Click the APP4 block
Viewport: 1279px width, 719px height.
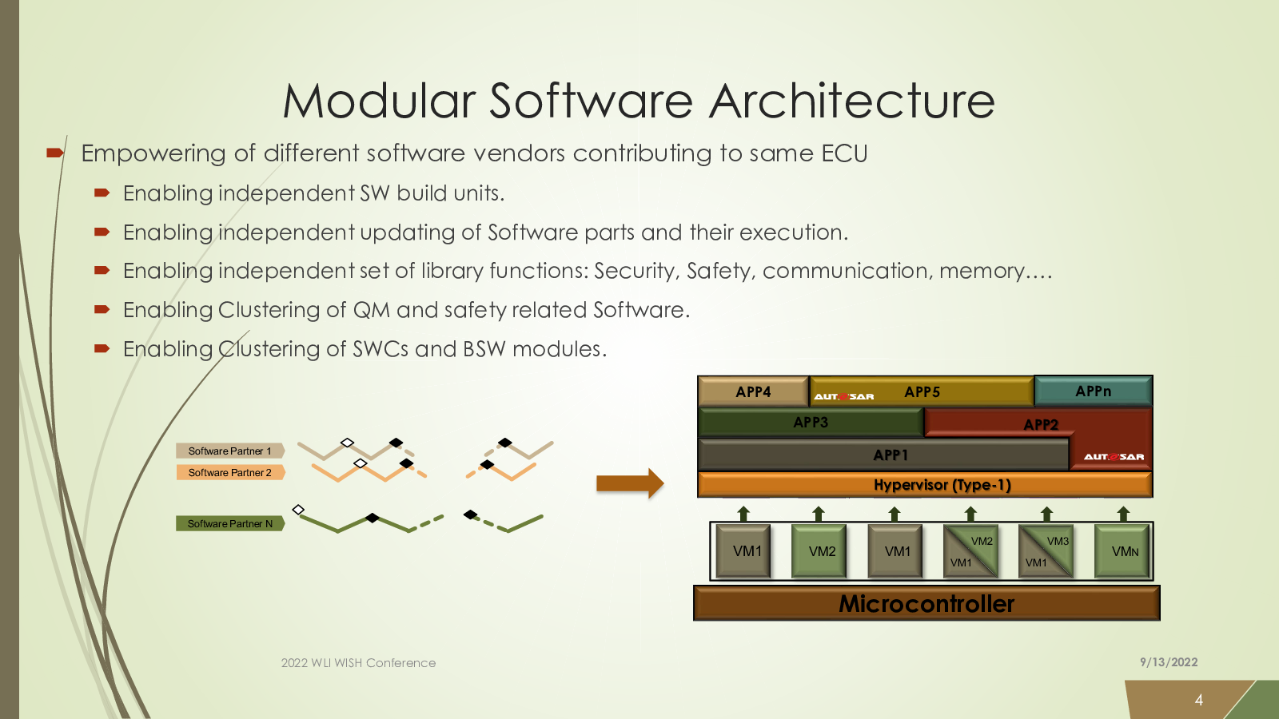753,391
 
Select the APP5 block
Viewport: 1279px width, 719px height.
922,391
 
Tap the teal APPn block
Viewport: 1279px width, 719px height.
1094,391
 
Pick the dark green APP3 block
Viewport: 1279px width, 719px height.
811,423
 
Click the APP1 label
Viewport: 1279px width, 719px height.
891,455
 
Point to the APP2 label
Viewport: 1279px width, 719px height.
1041,424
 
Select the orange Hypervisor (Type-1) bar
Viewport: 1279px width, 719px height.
925,485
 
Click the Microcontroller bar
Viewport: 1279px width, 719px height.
926,603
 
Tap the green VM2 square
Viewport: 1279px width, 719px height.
819,551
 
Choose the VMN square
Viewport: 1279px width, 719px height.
1122,551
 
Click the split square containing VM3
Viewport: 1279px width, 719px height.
1046,551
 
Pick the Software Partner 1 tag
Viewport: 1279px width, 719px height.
230,451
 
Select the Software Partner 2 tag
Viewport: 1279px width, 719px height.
230,472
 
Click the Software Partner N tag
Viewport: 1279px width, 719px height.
230,523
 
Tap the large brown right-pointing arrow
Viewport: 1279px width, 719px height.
630,484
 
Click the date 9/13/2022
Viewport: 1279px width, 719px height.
1169,662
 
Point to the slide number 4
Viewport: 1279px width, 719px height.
1199,700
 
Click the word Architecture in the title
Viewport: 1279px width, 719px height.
852,101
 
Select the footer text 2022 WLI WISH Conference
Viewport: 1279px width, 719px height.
358,662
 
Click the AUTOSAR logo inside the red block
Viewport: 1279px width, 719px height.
1114,456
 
